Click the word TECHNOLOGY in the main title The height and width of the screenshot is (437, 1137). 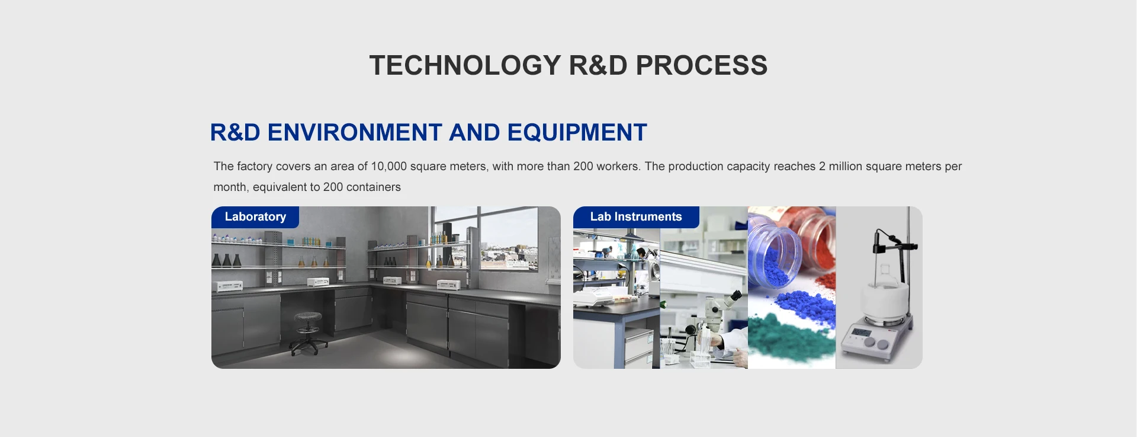(465, 65)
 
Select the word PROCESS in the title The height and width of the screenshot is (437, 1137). (702, 65)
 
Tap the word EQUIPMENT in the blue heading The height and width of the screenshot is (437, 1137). (577, 132)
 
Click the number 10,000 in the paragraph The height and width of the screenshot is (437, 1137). (388, 167)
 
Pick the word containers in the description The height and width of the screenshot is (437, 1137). (374, 187)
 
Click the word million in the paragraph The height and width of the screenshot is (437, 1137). (846, 167)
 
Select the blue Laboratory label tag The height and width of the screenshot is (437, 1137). (255, 217)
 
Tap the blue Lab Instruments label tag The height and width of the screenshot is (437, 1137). (636, 217)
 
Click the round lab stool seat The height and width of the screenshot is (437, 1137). (308, 317)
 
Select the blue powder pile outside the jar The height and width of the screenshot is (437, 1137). (805, 306)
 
